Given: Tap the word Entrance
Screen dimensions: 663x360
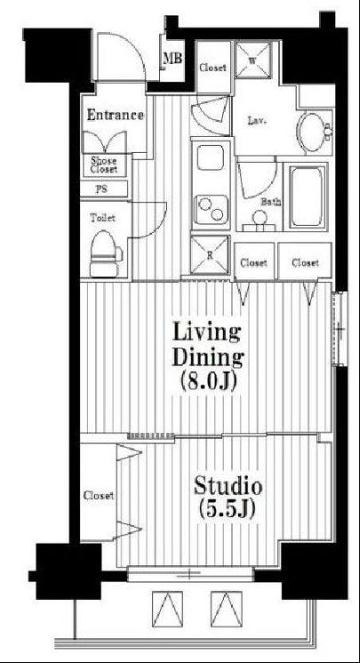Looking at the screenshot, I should (x=115, y=115).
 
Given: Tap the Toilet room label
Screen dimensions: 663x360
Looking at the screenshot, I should (x=102, y=217).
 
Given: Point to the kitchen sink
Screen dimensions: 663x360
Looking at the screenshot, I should (x=212, y=160).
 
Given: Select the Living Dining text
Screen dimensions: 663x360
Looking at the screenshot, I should (x=206, y=346).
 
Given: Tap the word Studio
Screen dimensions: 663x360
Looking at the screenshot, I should (x=228, y=486).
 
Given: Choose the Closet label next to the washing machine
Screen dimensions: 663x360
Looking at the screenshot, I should (x=212, y=68).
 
